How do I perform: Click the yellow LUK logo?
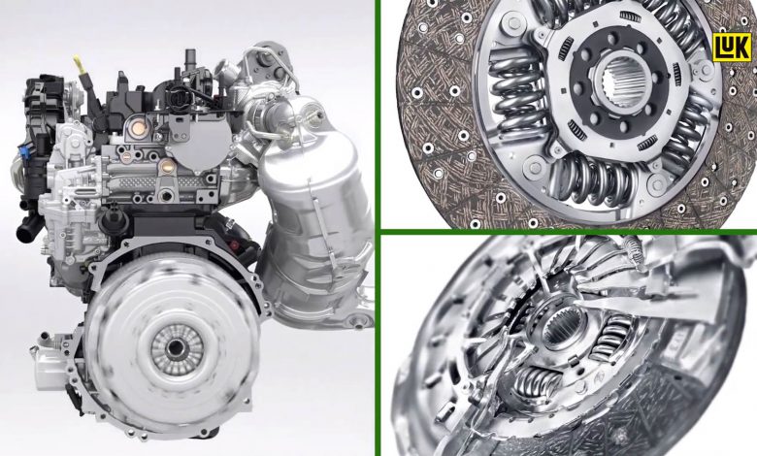732,47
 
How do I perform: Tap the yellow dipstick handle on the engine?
79,63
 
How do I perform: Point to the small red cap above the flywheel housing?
235,245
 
